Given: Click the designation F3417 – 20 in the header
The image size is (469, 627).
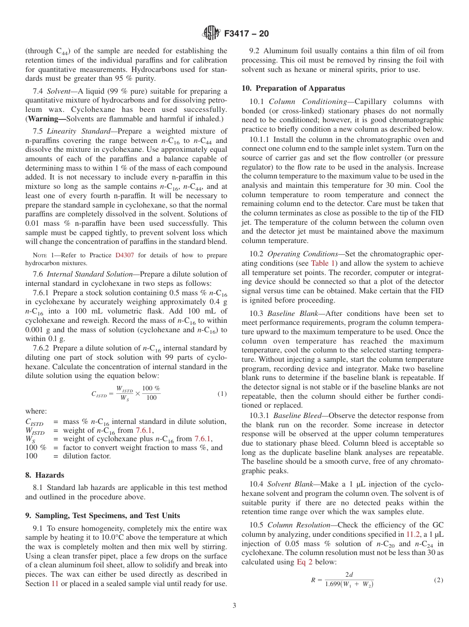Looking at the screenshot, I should coord(246,34).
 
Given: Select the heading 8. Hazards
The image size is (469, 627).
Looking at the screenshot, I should coord(44,475).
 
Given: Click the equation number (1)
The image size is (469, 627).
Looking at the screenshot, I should coord(222,394).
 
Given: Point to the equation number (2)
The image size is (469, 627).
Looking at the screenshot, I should coord(438,580).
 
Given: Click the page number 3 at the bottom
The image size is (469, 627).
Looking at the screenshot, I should coord(234,605).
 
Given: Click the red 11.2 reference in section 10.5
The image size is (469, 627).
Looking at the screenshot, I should coord(413,534).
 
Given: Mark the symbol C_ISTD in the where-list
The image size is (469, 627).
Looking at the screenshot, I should coord(34,422).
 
